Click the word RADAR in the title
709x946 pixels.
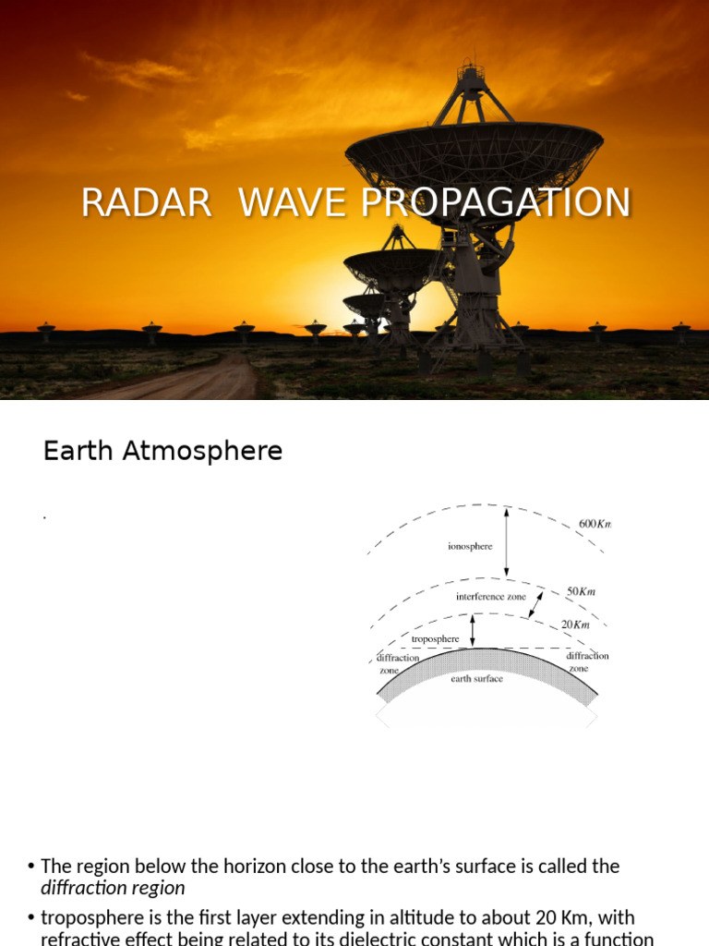pyautogui.click(x=146, y=203)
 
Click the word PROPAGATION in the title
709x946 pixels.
pyautogui.click(x=496, y=203)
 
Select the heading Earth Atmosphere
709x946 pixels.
pyautogui.click(x=162, y=452)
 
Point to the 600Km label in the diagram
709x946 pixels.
pyautogui.click(x=595, y=524)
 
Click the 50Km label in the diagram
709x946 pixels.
pyautogui.click(x=582, y=590)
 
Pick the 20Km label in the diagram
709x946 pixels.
pyautogui.click(x=575, y=625)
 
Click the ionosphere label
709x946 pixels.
pyautogui.click(x=470, y=546)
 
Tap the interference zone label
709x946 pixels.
pyautogui.click(x=491, y=597)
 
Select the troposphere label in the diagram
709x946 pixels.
pyautogui.click(x=435, y=638)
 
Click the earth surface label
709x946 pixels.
pyautogui.click(x=476, y=679)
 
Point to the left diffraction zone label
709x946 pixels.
pyautogui.click(x=398, y=663)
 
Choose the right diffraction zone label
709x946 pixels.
pyautogui.click(x=587, y=661)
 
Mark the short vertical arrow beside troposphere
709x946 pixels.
pyautogui.click(x=473, y=630)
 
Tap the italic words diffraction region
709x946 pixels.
pyautogui.click(x=113, y=889)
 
